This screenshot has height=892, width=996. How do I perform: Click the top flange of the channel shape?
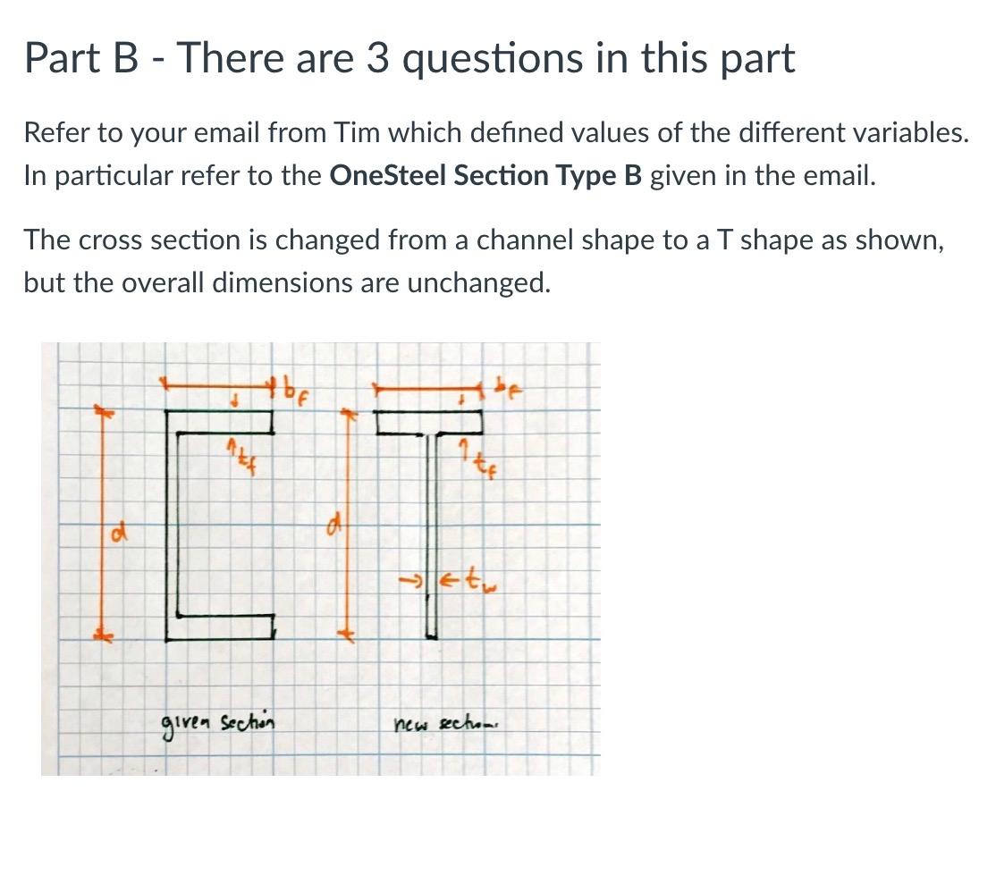[220, 420]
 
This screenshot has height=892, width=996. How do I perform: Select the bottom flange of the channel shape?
[220, 627]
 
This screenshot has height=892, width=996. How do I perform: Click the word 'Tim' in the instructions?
[357, 133]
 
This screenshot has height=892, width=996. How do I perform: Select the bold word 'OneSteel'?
[388, 174]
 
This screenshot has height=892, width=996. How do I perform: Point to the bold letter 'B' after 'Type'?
[632, 174]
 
